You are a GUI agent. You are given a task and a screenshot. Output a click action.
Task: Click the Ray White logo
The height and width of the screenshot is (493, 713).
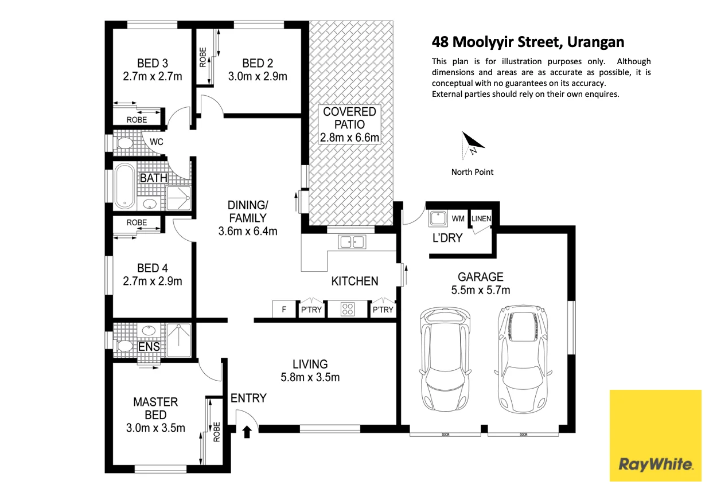click(x=655, y=435)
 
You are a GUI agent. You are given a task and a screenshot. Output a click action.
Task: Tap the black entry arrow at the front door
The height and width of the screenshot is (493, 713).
click(x=247, y=431)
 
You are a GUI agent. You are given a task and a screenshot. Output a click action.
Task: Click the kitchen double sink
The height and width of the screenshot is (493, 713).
click(x=352, y=242)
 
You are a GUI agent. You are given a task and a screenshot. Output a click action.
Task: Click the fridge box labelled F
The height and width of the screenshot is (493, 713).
click(x=283, y=310)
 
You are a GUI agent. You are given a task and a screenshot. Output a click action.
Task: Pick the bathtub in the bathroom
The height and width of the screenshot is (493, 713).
click(x=124, y=187)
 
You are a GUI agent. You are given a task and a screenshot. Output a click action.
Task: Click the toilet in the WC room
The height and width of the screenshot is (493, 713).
click(x=124, y=143)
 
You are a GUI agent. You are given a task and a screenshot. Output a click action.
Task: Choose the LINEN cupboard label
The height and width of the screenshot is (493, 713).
click(x=481, y=218)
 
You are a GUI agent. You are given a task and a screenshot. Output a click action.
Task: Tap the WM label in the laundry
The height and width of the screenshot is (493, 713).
click(x=458, y=218)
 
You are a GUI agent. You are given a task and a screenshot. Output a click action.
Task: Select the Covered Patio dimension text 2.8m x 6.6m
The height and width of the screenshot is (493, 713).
click(x=349, y=138)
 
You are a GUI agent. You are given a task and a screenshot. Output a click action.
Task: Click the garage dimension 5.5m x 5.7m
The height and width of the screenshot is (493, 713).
click(x=480, y=290)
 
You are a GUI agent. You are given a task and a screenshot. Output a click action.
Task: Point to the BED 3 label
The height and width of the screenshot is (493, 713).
click(x=152, y=63)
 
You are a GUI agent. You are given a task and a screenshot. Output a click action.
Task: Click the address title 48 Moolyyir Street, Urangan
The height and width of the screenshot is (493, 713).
click(x=528, y=42)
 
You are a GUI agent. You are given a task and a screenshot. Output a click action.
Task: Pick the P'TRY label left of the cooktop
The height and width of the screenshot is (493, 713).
click(x=311, y=310)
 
